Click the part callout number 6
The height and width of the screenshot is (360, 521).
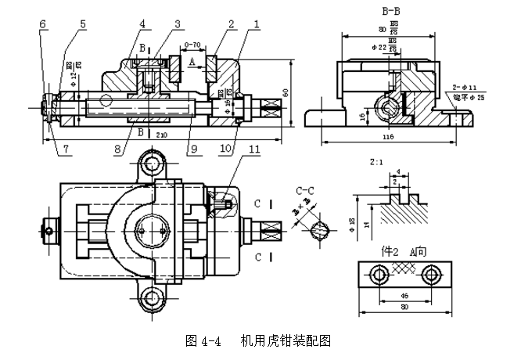[x=41, y=24]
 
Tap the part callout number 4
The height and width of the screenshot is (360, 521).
[x=142, y=24]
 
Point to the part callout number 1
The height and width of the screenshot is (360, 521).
[x=256, y=24]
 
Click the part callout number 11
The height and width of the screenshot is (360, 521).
[x=253, y=149]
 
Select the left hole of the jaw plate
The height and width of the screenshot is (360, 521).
[x=379, y=274]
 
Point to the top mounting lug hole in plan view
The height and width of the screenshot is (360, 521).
[x=150, y=164]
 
